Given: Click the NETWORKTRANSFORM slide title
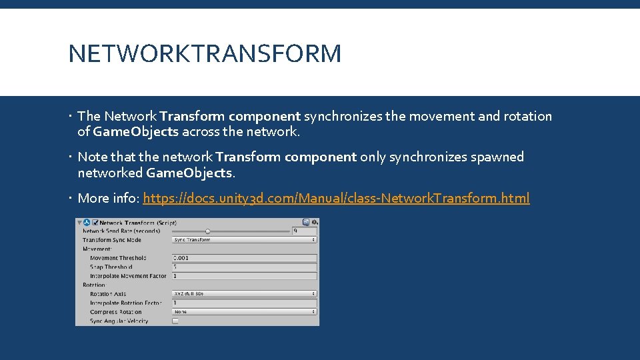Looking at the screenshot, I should (x=205, y=53).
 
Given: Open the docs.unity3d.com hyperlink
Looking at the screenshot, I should (x=336, y=198).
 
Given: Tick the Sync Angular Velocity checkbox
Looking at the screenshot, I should (x=175, y=321).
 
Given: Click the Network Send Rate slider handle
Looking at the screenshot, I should (x=208, y=231).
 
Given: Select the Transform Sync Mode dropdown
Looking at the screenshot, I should (x=244, y=239).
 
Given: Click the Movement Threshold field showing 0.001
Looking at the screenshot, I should (x=244, y=258).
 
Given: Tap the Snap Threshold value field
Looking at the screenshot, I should (x=244, y=267).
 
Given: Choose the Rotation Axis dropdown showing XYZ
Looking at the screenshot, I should (x=244, y=293).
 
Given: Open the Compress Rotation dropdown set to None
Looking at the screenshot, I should (x=244, y=311).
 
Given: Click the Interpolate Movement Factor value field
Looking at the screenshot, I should (x=244, y=276).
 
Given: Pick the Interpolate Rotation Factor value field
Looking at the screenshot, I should (x=244, y=303).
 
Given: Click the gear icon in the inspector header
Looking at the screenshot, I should (x=315, y=222).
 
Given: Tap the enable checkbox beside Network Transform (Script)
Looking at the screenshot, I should (x=95, y=222).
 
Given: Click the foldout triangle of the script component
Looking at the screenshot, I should (x=80, y=222).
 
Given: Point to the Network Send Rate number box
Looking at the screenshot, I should (x=304, y=231).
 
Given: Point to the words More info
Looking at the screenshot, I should (x=107, y=198).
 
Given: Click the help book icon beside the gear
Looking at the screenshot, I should (x=306, y=222).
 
